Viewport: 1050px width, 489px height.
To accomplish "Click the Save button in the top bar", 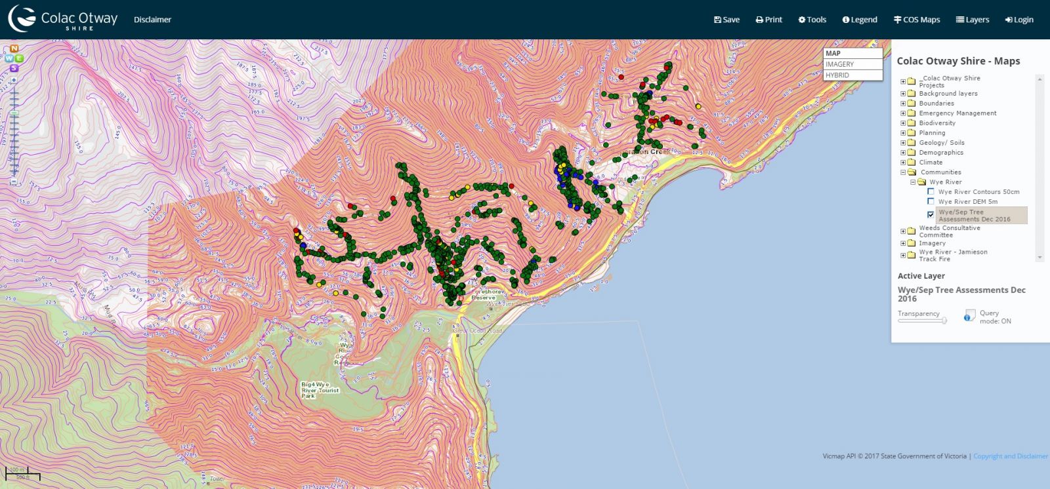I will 726,20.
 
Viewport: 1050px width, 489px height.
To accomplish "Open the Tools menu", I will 812,20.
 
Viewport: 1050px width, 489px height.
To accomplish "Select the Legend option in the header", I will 860,20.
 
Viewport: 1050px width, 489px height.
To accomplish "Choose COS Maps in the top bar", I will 917,20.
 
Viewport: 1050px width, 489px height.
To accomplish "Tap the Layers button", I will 973,20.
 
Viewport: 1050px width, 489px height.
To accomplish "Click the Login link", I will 1019,20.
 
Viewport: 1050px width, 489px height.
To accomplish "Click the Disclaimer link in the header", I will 152,20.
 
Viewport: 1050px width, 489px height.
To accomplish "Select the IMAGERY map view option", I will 852,64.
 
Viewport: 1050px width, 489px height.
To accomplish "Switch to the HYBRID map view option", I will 852,75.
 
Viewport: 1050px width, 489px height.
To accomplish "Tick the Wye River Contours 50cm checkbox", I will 931,192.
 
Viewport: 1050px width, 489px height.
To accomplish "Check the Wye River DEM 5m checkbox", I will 931,201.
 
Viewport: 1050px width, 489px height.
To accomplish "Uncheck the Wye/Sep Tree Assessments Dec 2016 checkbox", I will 931,214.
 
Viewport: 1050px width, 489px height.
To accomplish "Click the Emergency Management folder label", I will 957,113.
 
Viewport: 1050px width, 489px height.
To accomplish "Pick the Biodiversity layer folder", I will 936,123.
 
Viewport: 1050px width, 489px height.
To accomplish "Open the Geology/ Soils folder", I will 941,143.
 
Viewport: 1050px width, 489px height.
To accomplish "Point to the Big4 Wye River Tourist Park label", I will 320,390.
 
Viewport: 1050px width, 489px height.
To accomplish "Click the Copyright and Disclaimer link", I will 1010,456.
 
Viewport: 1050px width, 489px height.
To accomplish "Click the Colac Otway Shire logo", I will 63,19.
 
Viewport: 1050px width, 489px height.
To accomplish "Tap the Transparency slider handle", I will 944,321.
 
